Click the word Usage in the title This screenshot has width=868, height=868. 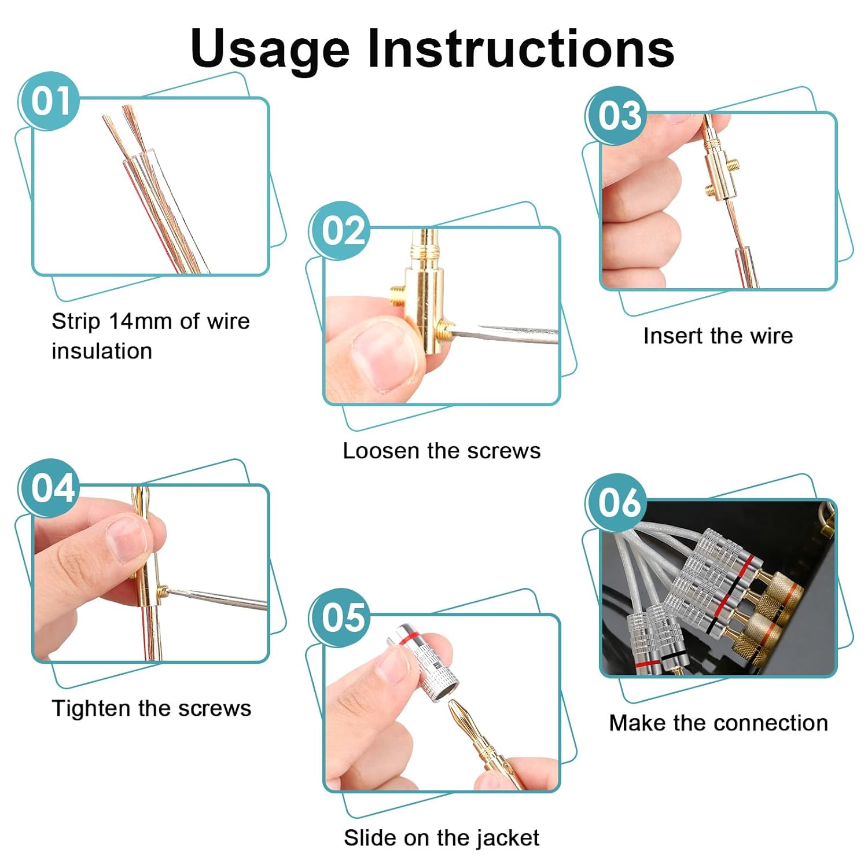pyautogui.click(x=270, y=49)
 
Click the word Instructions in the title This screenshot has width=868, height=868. pyautogui.click(x=521, y=47)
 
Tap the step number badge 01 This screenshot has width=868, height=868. pyautogui.click(x=50, y=101)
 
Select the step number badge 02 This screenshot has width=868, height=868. pyautogui.click(x=341, y=230)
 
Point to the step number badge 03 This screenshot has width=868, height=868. pyautogui.click(x=617, y=115)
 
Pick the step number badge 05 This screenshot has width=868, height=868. pyautogui.click(x=341, y=617)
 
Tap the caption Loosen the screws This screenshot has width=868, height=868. pyautogui.click(x=441, y=451)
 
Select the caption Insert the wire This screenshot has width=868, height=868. pyautogui.click(x=718, y=336)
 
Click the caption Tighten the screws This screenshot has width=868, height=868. pyautogui.click(x=152, y=708)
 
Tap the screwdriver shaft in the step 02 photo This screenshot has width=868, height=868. pyautogui.click(x=509, y=333)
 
